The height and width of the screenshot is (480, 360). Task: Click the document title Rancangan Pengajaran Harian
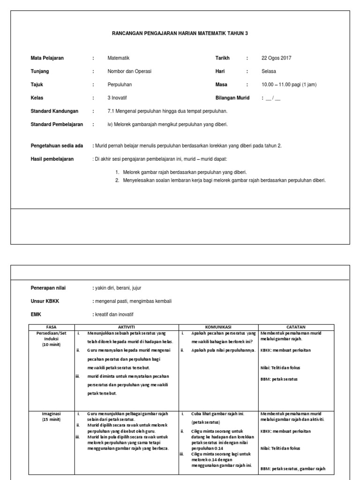180,33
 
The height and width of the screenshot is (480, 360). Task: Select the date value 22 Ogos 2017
276,58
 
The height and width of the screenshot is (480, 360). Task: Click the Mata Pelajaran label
47,58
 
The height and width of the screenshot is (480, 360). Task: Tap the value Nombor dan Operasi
129,71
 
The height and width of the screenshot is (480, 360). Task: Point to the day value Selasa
269,71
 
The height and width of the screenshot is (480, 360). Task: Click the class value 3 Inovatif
118,98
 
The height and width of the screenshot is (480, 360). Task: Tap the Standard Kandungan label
54,111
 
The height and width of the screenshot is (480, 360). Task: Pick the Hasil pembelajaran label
52,159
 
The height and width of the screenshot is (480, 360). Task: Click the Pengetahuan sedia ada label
57,146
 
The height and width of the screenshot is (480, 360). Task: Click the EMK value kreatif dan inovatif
114,314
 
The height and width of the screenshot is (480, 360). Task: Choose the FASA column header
52,327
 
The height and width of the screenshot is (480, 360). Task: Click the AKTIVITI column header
126,327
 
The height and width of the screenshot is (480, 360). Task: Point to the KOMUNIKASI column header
218,327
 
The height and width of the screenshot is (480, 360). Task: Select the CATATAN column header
296,327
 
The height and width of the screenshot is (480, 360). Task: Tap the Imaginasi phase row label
52,414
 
